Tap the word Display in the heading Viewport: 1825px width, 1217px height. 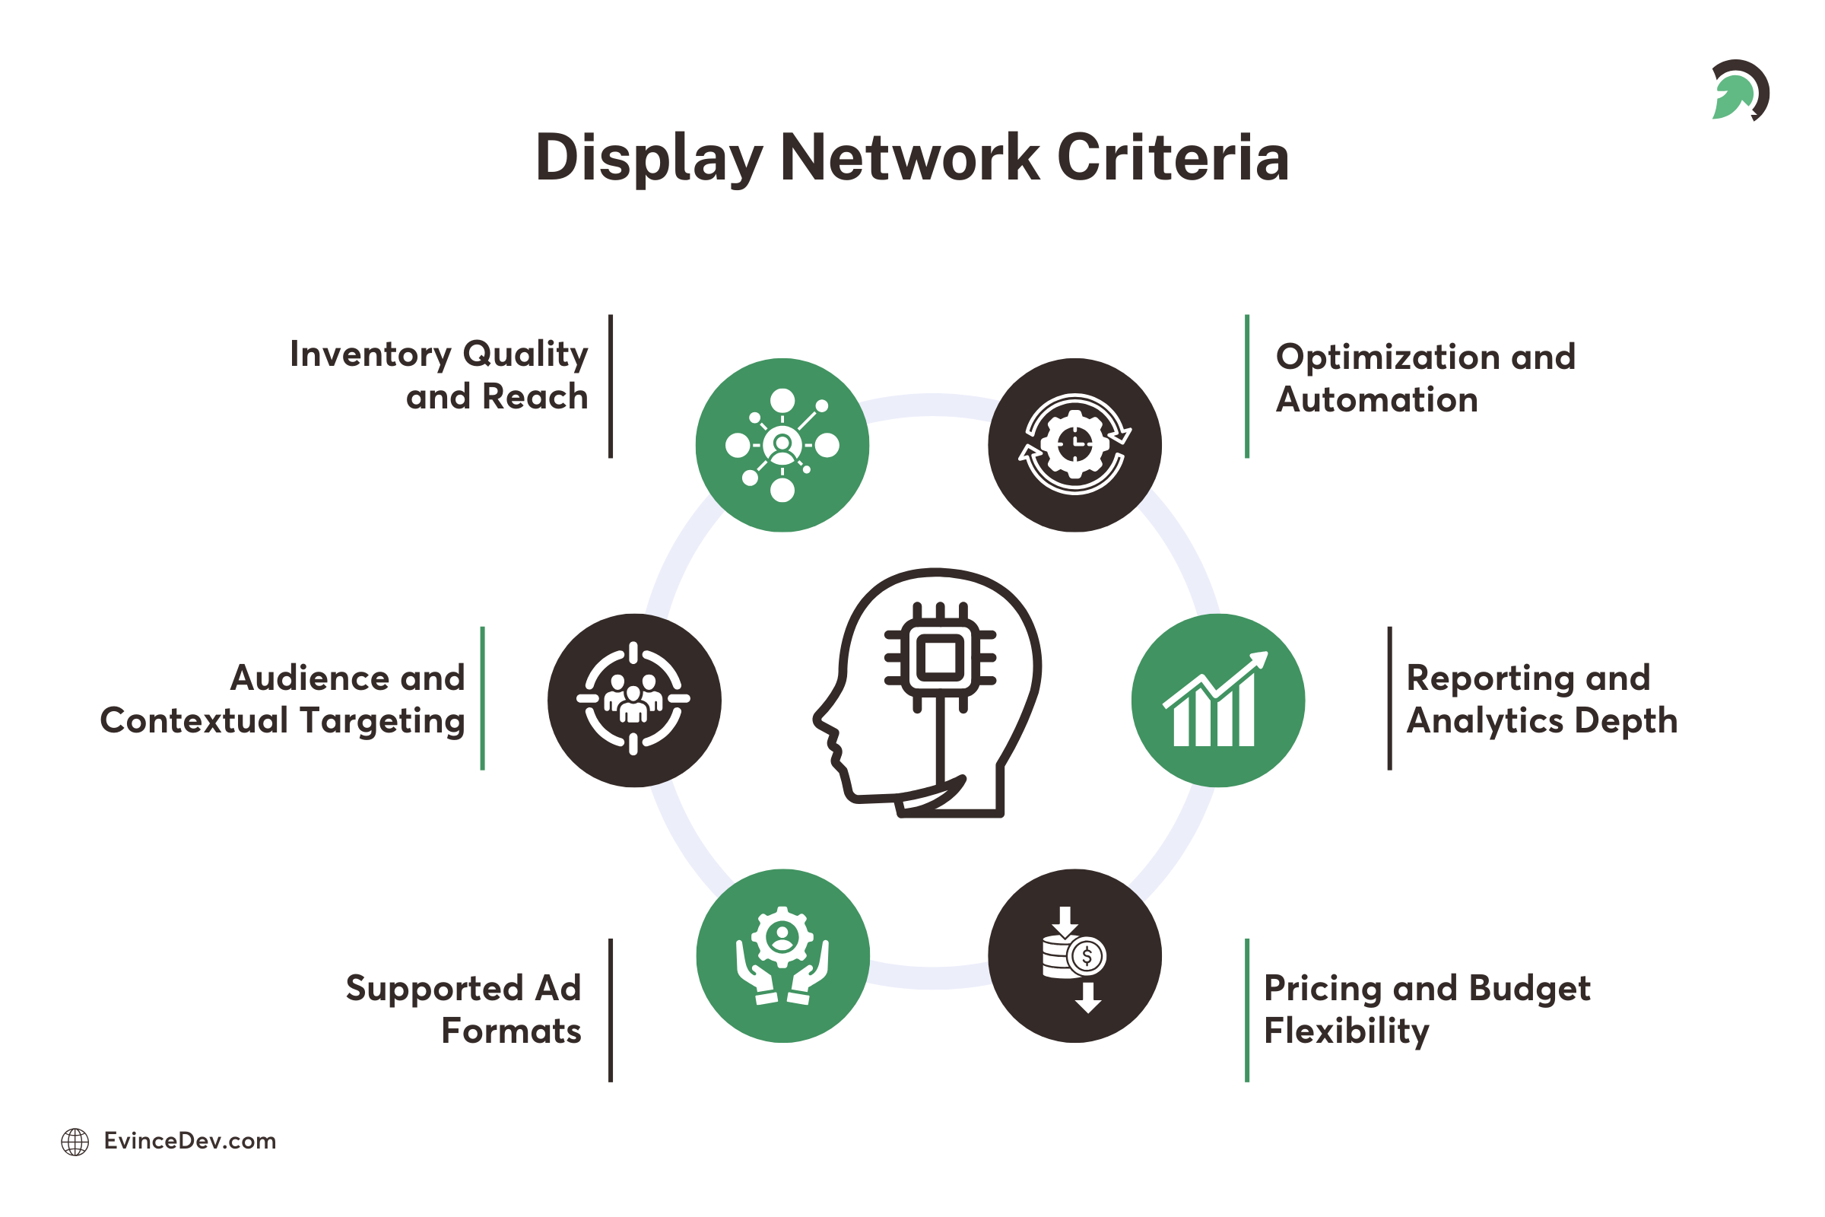pyautogui.click(x=649, y=159)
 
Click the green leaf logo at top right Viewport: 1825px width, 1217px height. pyautogui.click(x=1738, y=91)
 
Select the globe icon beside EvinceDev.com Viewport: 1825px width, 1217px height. pyautogui.click(x=75, y=1142)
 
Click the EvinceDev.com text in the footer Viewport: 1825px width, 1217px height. pyautogui.click(x=190, y=1141)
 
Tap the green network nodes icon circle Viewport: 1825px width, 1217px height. pyautogui.click(x=782, y=445)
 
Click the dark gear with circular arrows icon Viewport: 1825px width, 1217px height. pyautogui.click(x=1074, y=445)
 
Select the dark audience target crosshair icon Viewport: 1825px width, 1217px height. pyautogui.click(x=634, y=699)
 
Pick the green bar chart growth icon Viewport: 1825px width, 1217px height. pyautogui.click(x=1217, y=699)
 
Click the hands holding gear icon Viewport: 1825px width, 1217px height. pyautogui.click(x=782, y=955)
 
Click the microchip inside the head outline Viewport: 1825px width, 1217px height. pyautogui.click(x=941, y=658)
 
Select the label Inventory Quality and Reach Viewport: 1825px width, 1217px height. pyautogui.click(x=439, y=375)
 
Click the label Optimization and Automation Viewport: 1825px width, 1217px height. pyautogui.click(x=1424, y=378)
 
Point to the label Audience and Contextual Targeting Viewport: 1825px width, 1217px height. pyautogui.click(x=283, y=698)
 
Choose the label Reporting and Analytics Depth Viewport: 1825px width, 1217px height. pyautogui.click(x=1541, y=698)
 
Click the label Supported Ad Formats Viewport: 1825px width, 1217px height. pyautogui.click(x=464, y=1009)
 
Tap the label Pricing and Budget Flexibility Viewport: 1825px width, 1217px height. pyautogui.click(x=1427, y=1009)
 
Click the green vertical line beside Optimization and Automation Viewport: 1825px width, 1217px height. pyautogui.click(x=1247, y=386)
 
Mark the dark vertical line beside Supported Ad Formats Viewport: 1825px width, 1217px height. pyautogui.click(x=611, y=1010)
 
